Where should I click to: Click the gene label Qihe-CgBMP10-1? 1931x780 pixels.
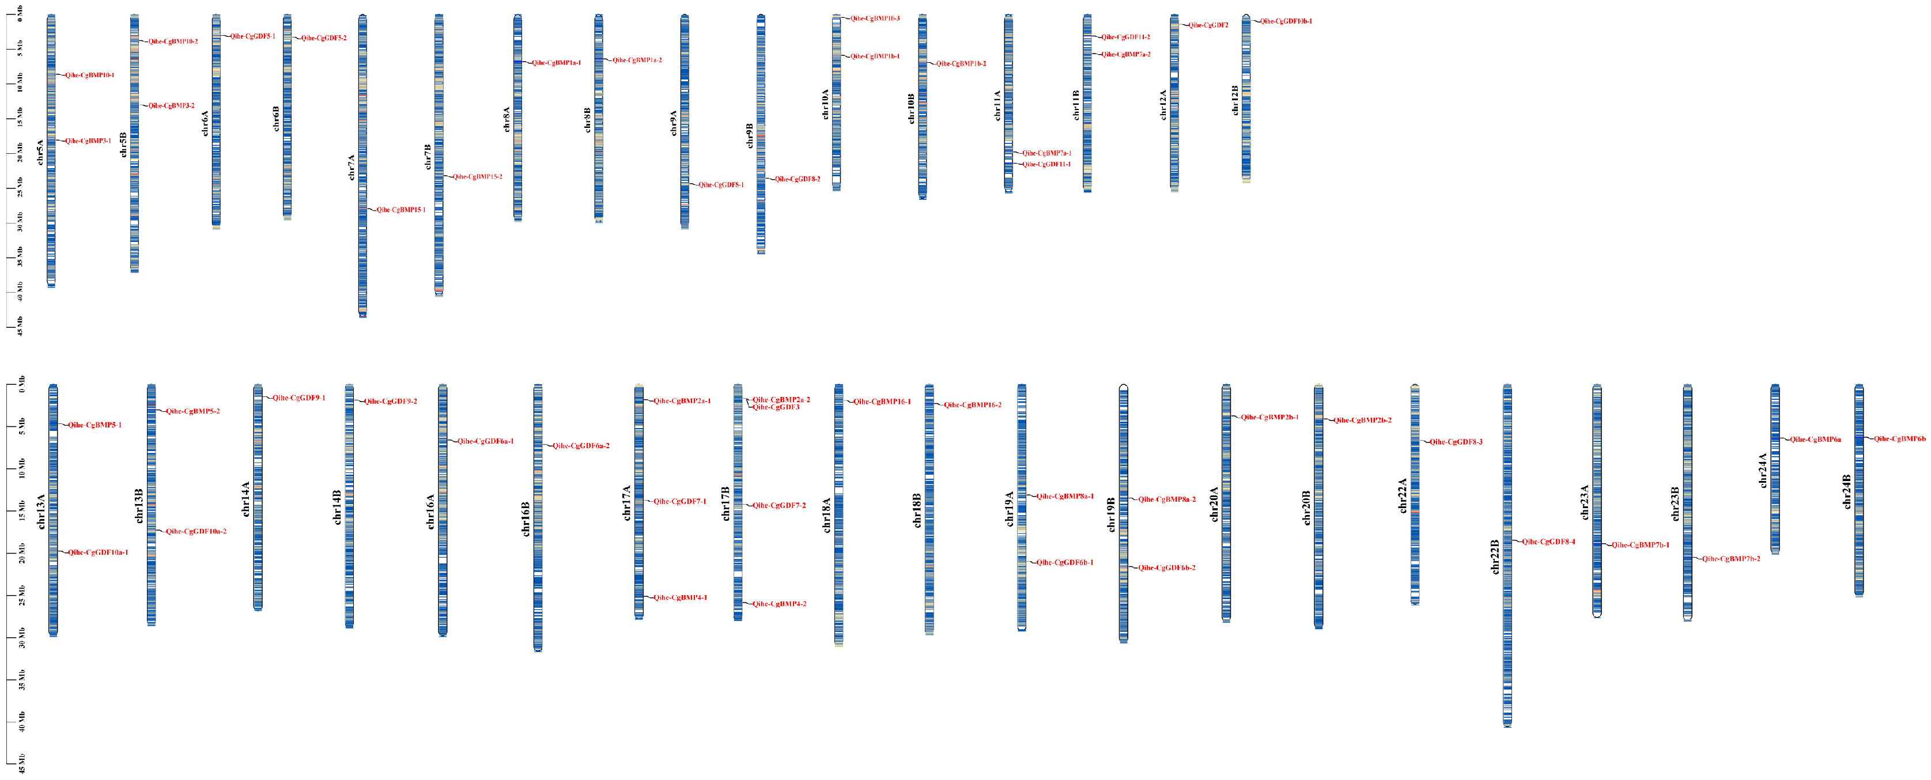click(89, 75)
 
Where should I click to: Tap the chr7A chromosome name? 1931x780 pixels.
click(352, 168)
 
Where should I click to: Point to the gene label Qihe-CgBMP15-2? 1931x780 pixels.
click(478, 177)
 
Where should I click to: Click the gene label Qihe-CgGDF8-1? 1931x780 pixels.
click(721, 185)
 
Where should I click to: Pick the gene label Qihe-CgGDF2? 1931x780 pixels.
click(1208, 25)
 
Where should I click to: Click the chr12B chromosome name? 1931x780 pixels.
click(1235, 100)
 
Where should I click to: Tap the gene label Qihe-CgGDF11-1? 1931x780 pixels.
click(1046, 165)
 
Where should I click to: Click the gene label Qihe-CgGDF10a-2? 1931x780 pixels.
click(196, 532)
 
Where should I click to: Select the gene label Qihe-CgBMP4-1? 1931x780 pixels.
click(680, 598)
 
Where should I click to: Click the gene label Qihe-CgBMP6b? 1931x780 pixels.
click(1899, 439)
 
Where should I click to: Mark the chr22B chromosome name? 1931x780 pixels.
click(1495, 556)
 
